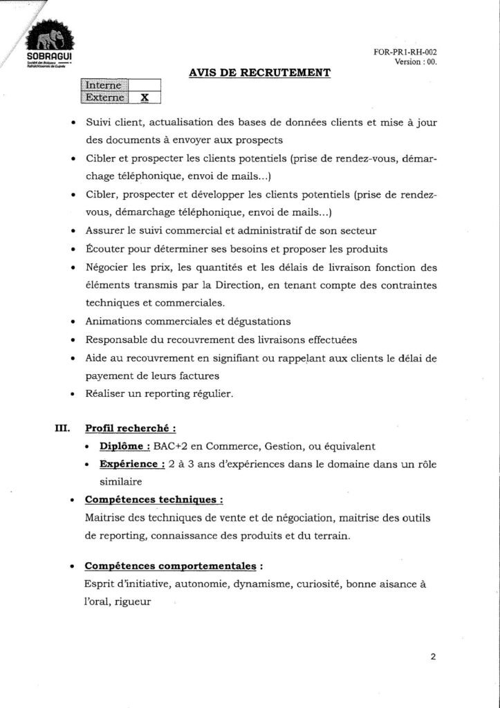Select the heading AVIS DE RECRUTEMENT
(259, 72)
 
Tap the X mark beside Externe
(145, 97)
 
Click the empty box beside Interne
(145, 85)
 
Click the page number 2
(433, 657)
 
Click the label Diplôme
(125, 446)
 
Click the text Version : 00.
(416, 62)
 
